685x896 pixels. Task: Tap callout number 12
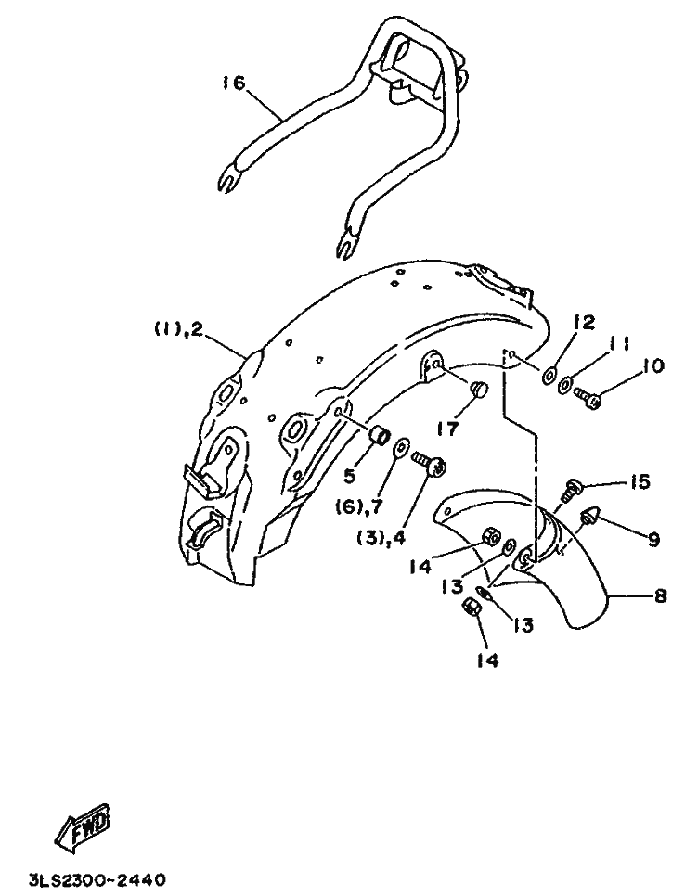[x=583, y=322]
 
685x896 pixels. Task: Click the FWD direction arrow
[x=83, y=827]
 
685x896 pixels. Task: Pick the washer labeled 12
[x=548, y=374]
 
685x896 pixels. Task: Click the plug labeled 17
[x=481, y=389]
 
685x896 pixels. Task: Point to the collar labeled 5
[x=379, y=434]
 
